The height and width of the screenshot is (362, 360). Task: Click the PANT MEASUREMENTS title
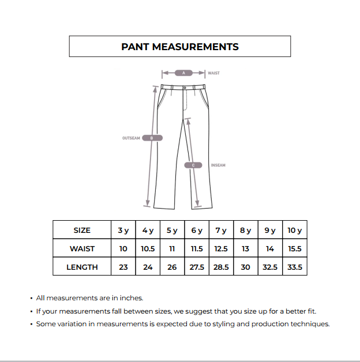click(179, 47)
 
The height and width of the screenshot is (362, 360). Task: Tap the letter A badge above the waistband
click(183, 73)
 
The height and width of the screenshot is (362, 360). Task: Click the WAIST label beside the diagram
click(213, 73)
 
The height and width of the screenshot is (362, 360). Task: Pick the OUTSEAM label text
click(131, 138)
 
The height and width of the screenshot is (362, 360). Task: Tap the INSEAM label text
click(218, 165)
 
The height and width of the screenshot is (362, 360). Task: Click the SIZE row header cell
click(82, 230)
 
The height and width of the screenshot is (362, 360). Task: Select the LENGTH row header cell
click(82, 267)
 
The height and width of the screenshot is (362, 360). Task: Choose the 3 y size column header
click(123, 230)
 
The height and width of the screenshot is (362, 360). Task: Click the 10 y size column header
click(294, 230)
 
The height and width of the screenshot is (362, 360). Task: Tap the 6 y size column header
click(197, 230)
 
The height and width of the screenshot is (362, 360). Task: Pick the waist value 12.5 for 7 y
click(221, 248)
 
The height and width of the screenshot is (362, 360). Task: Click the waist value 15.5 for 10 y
click(294, 248)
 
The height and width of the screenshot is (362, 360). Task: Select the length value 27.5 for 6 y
click(197, 267)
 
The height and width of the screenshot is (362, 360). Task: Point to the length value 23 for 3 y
click(123, 267)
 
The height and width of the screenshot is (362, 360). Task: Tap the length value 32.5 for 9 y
click(270, 267)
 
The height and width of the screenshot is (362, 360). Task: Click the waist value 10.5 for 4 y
click(148, 248)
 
